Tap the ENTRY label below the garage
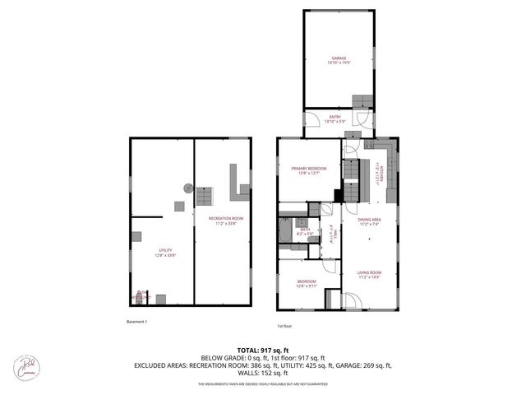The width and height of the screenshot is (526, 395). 335,117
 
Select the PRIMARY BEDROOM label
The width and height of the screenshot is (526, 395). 308,169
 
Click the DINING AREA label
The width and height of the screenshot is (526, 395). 368,220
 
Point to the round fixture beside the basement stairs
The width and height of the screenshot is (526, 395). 188,187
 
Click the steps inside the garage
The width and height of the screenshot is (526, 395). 362,100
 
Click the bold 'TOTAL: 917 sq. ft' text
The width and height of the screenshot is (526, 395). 262,351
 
